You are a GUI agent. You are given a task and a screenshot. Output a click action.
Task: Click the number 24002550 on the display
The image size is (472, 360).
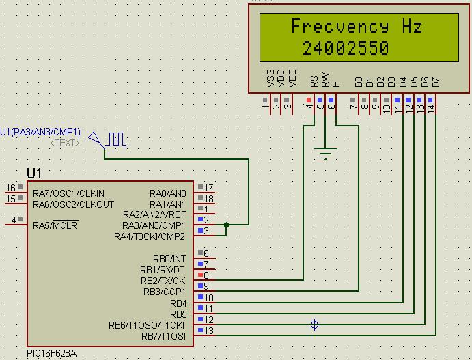346,49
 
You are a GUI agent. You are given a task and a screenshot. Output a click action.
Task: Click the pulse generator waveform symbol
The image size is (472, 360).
115,139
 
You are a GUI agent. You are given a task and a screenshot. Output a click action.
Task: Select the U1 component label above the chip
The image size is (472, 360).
34,173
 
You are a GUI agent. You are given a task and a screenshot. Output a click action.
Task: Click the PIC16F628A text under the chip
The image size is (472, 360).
51,354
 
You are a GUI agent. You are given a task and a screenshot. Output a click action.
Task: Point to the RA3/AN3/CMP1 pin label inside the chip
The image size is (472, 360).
154,225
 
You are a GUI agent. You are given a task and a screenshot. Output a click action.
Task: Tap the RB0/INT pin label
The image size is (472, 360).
169,258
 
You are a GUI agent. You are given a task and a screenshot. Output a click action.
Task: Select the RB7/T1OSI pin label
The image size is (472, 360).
163,336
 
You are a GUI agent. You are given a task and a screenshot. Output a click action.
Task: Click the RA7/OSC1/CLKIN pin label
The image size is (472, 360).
68,193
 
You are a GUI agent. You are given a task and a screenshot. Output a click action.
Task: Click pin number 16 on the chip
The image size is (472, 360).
10,188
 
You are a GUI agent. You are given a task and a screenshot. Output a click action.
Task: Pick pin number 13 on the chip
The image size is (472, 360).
209,331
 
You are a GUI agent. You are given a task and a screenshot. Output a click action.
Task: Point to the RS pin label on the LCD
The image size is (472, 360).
314,81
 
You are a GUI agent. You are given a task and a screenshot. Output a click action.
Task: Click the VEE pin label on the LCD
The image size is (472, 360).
292,79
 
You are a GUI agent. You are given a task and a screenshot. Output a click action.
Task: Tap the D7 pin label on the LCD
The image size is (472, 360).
436,82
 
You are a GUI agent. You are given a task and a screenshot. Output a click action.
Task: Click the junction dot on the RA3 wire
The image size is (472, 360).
226,225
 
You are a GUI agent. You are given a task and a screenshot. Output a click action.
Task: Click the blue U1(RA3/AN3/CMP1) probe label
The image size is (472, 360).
40,132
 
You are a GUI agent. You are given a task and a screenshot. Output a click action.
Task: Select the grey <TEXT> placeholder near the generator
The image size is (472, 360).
65,143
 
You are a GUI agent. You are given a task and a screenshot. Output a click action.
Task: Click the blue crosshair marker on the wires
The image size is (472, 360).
314,325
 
